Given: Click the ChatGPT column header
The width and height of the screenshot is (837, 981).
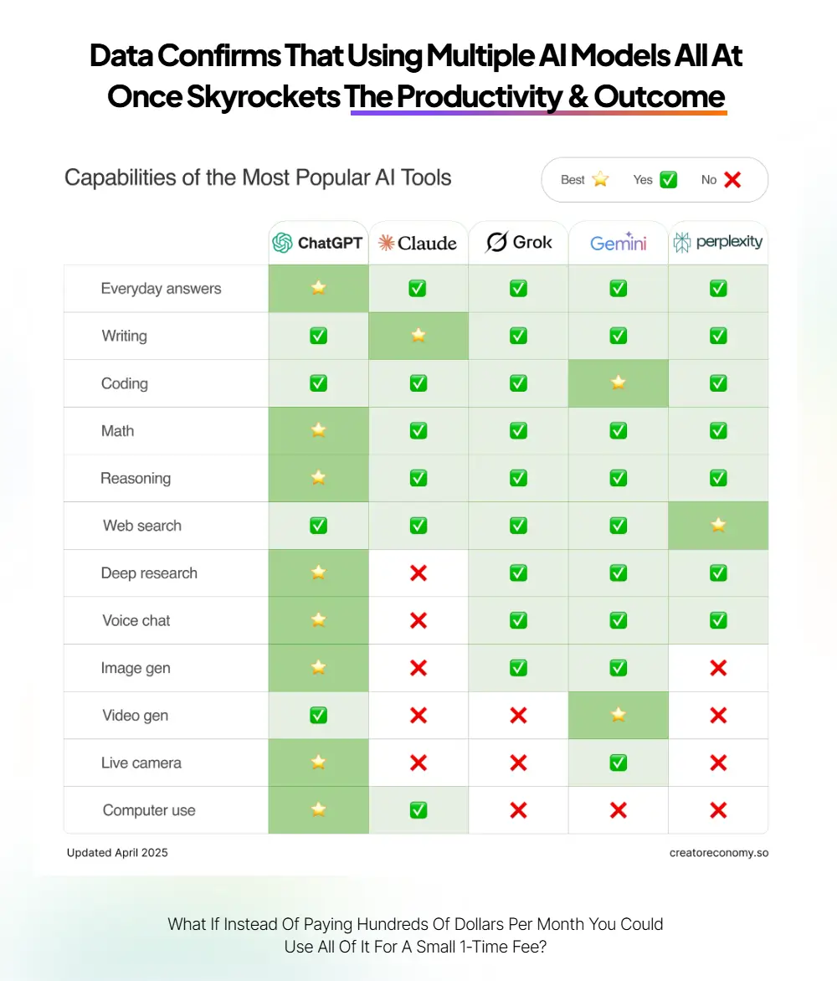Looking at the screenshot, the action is pyautogui.click(x=318, y=243).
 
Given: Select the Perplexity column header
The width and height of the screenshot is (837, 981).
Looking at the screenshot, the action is pyautogui.click(x=718, y=242).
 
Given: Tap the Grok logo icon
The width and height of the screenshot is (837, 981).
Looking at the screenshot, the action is pyautogui.click(x=496, y=242).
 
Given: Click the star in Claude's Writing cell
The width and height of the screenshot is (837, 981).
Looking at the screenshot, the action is pyautogui.click(x=418, y=336).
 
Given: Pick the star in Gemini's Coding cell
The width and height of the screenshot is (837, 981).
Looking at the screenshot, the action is pyautogui.click(x=618, y=383).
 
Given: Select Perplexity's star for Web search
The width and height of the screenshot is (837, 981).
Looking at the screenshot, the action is pyautogui.click(x=718, y=526).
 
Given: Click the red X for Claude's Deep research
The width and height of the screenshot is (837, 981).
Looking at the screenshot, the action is pyautogui.click(x=418, y=573).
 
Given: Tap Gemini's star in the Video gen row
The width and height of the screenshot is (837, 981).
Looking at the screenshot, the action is pyautogui.click(x=618, y=715).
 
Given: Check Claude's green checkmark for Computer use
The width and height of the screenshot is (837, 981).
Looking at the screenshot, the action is pyautogui.click(x=418, y=810).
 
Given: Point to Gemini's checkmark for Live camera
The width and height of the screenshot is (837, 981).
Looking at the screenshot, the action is pyautogui.click(x=618, y=763).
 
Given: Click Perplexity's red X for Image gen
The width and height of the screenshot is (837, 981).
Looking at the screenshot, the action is pyautogui.click(x=718, y=668).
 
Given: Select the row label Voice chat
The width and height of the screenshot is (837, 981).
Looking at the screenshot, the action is pyautogui.click(x=136, y=620).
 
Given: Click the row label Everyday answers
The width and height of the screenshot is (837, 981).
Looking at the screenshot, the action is pyautogui.click(x=161, y=289).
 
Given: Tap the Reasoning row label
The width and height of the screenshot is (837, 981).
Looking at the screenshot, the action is pyautogui.click(x=136, y=479).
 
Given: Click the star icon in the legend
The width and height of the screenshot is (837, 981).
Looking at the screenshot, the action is pyautogui.click(x=600, y=180).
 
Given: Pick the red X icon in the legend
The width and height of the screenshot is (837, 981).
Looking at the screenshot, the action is pyautogui.click(x=732, y=180).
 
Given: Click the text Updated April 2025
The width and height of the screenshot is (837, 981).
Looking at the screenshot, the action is pyautogui.click(x=118, y=853).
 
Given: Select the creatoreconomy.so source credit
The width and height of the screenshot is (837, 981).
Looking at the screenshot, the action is pyautogui.click(x=719, y=853).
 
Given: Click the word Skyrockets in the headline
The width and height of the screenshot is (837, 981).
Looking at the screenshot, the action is pyautogui.click(x=264, y=96).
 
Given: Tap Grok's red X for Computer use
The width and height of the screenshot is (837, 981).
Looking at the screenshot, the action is pyautogui.click(x=519, y=810).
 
